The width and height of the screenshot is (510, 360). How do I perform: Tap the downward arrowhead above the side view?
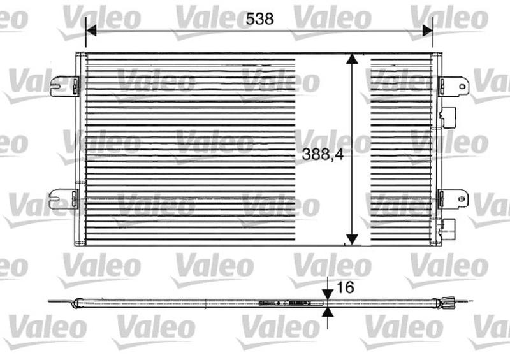327,294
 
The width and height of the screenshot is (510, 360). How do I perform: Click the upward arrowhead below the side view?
327,312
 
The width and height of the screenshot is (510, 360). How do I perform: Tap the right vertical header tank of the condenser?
438,150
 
